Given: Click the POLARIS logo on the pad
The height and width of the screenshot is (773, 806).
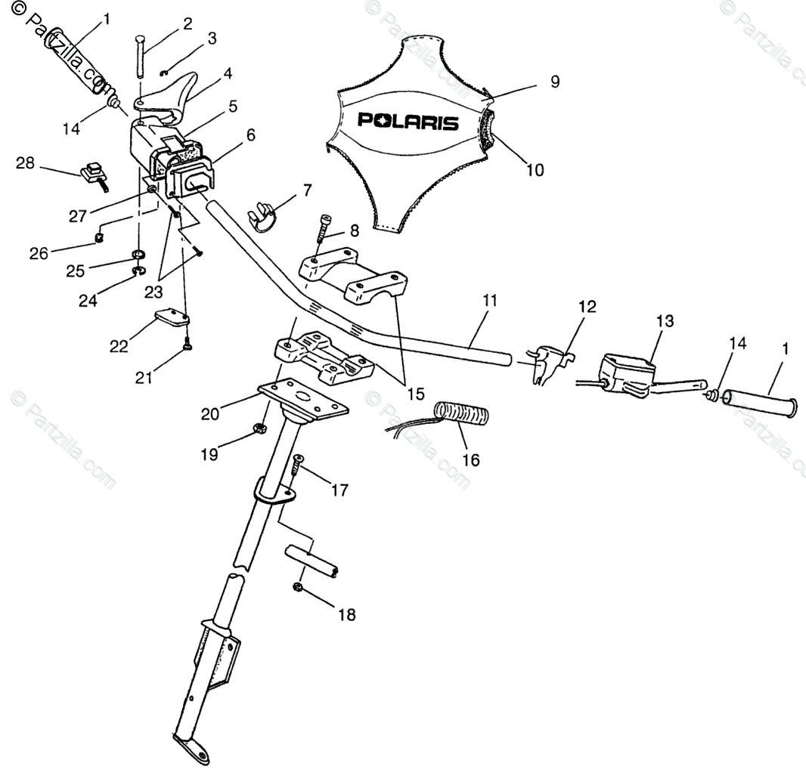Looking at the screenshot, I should click(408, 120).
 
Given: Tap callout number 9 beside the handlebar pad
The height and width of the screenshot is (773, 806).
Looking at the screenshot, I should click(555, 82).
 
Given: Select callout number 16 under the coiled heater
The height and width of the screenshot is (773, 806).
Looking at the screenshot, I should click(470, 459).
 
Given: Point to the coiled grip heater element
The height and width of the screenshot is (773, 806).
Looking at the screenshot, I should click(463, 415).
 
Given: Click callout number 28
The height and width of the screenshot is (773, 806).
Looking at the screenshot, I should click(26, 163).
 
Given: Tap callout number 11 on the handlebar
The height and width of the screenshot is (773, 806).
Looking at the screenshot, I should click(490, 301).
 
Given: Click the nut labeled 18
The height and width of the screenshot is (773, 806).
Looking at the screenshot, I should click(298, 587).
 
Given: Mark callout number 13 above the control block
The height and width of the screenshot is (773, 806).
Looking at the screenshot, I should click(664, 321).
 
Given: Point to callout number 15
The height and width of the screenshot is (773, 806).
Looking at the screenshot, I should click(415, 393).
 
